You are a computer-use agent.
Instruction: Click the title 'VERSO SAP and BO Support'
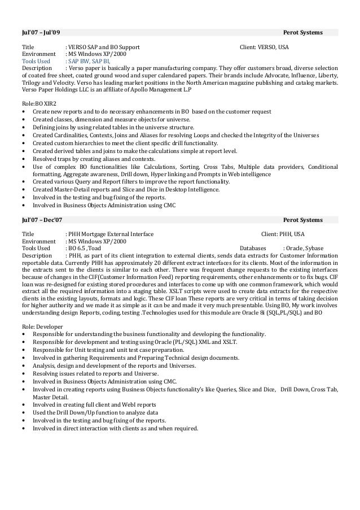104,47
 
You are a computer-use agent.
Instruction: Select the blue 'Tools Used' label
36,62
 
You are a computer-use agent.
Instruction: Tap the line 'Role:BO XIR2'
38,104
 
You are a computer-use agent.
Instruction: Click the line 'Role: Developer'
42,327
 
